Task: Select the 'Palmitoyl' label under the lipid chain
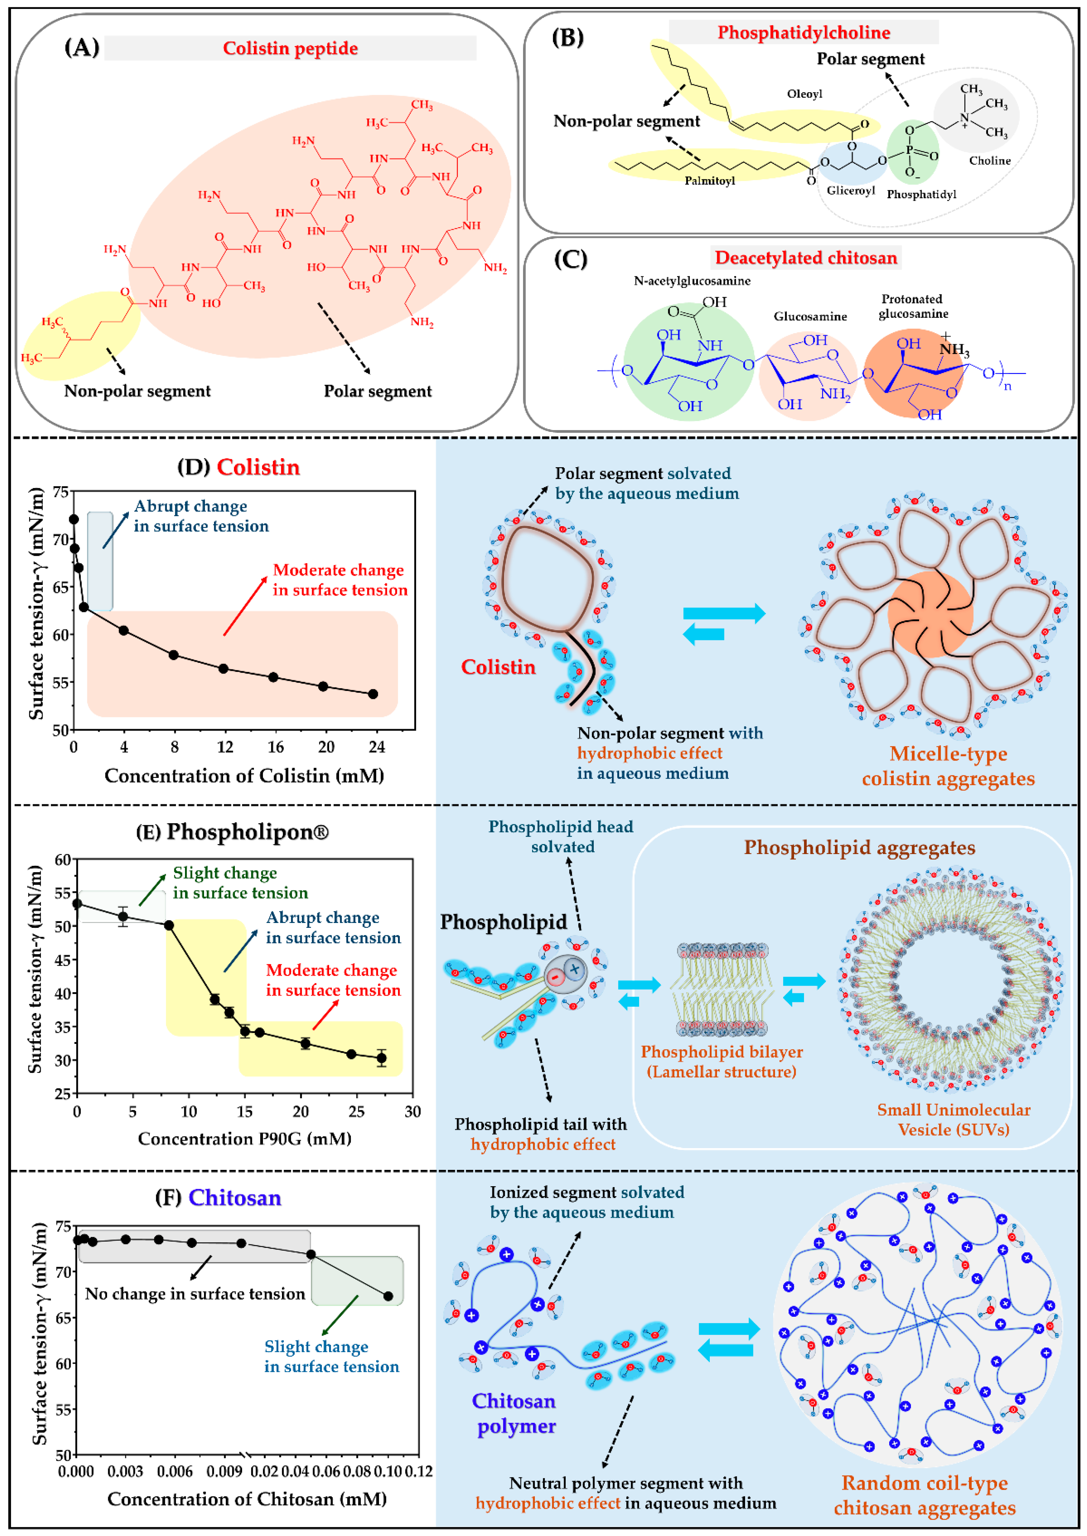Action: tap(709, 181)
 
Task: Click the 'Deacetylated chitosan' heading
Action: tap(805, 258)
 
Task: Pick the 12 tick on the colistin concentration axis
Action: tap(225, 747)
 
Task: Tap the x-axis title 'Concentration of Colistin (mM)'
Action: tap(244, 776)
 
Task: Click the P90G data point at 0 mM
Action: tap(77, 904)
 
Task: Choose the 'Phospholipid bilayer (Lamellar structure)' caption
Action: tap(722, 1062)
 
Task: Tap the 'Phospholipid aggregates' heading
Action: tap(859, 847)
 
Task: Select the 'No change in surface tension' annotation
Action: tap(195, 1294)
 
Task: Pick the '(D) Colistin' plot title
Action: tap(239, 467)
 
